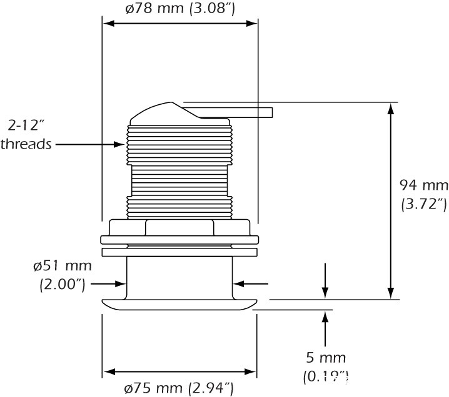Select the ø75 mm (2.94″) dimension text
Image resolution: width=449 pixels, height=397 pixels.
click(179, 388)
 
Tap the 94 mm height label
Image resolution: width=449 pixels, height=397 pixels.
click(423, 185)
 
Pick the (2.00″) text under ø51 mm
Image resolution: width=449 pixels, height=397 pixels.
click(62, 285)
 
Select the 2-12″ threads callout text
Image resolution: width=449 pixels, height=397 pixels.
click(26, 134)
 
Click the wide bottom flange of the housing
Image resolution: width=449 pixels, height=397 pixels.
click(179, 304)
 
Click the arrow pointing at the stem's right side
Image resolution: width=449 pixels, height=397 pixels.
click(238, 283)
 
